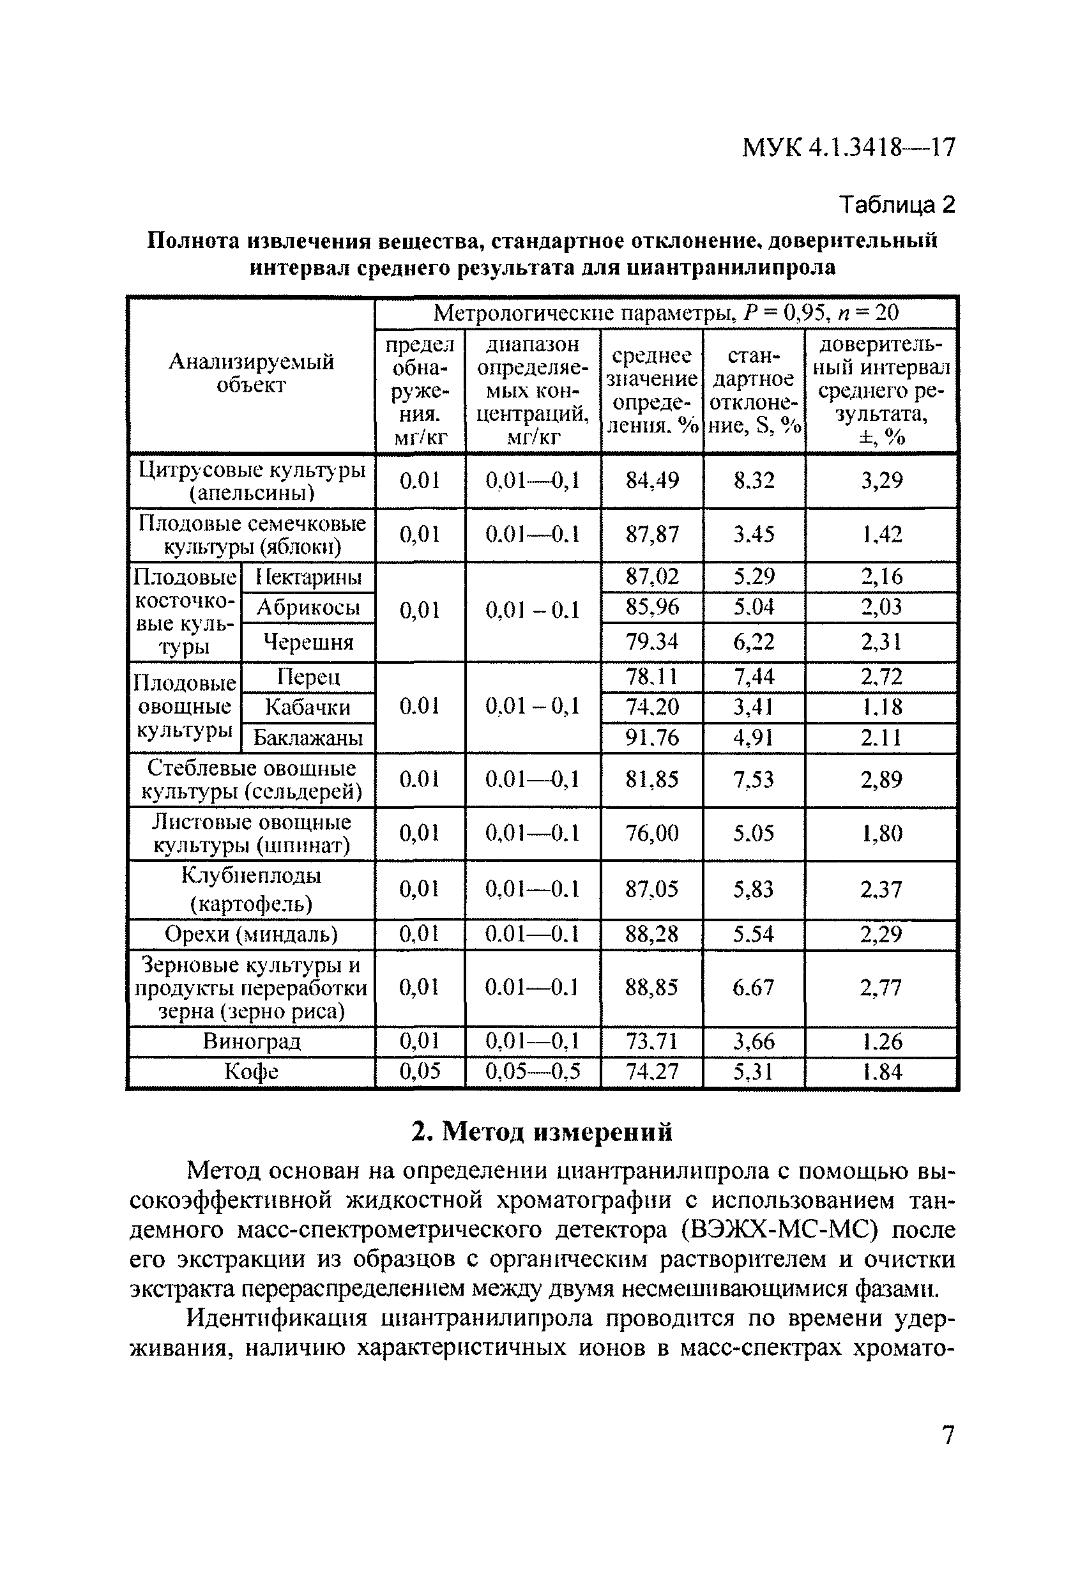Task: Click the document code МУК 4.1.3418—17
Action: click(848, 148)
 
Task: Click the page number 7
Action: click(948, 1435)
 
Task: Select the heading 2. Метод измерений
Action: click(542, 1131)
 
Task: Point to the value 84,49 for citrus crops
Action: click(652, 481)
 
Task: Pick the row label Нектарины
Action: click(308, 578)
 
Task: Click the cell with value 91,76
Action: click(652, 738)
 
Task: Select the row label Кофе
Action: click(251, 1071)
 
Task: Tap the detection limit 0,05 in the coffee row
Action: click(420, 1071)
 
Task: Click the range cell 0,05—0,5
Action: click(532, 1071)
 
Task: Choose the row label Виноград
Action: click(251, 1041)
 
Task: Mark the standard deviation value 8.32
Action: click(754, 481)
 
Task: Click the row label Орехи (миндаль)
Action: click(251, 933)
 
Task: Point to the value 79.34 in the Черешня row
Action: click(652, 642)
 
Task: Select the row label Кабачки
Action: click(308, 707)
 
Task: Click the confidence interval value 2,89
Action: click(881, 779)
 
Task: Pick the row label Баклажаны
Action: click(308, 738)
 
